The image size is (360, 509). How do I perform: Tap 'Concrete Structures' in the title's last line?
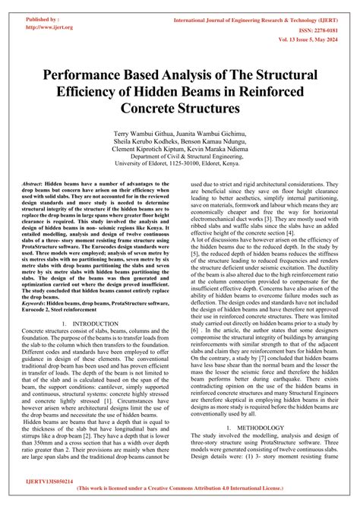(x=180, y=108)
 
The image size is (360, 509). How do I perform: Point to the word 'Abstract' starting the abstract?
(x=32, y=185)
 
